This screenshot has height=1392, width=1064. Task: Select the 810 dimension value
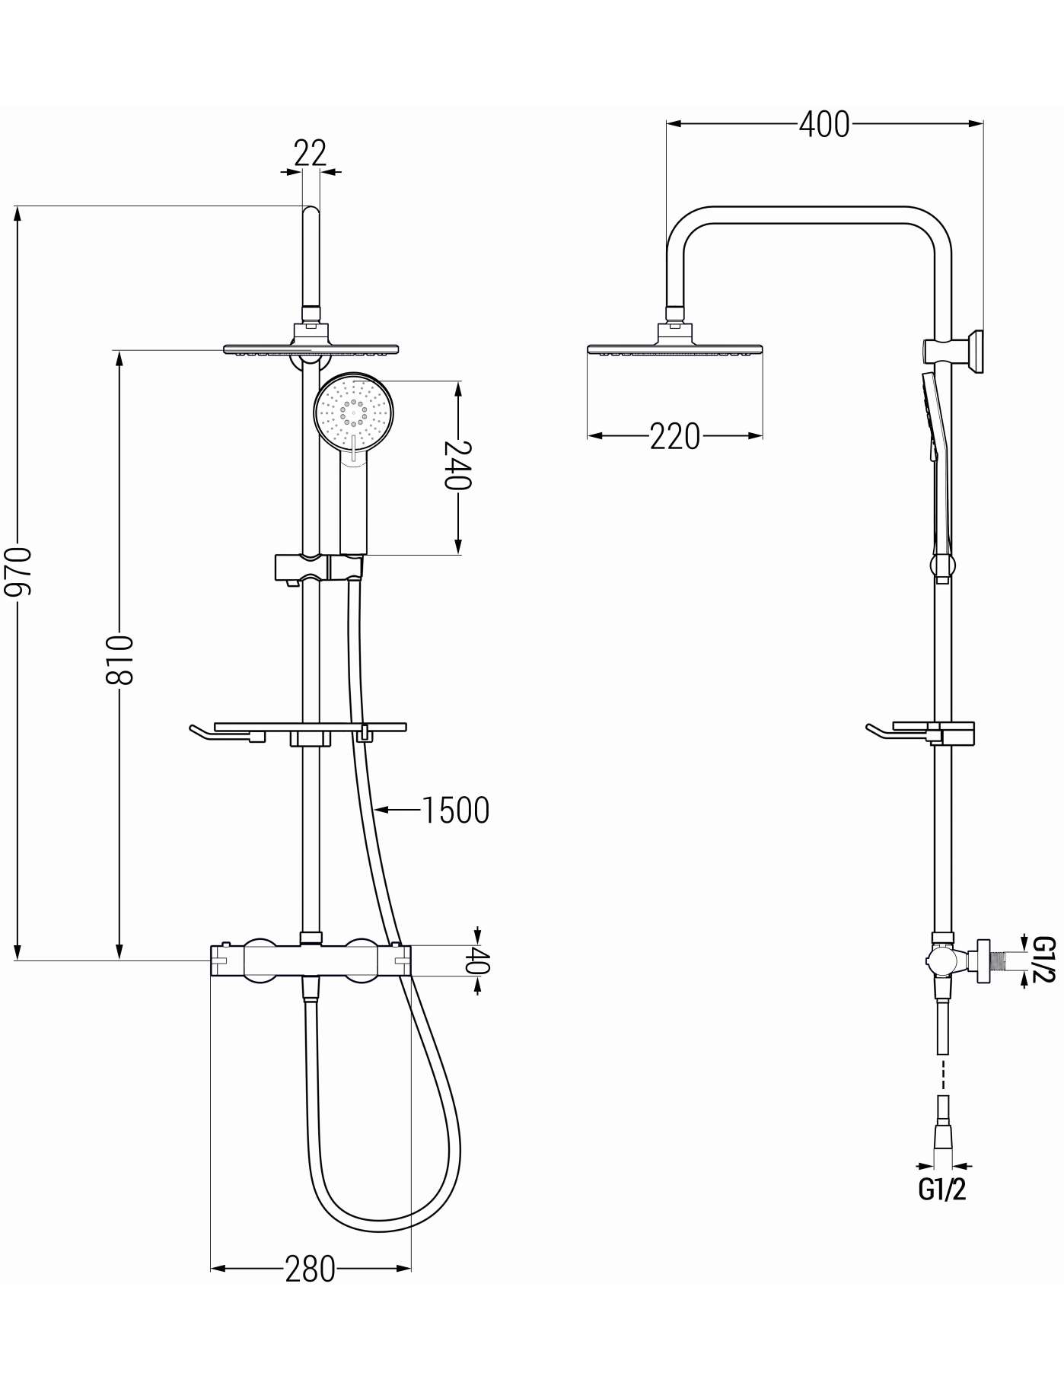coord(120,659)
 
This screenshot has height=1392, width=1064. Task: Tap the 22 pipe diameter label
coord(310,153)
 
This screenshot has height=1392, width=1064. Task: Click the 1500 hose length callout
coord(455,811)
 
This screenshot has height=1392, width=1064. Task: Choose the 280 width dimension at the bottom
coord(310,1269)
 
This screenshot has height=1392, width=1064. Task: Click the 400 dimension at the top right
coord(824,124)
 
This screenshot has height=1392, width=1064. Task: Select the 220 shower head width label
coord(674,436)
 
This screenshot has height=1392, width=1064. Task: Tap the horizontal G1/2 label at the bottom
coord(942,1189)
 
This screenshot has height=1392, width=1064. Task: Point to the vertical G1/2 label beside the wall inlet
coord(1044,960)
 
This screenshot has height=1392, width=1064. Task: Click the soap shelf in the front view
coord(297,731)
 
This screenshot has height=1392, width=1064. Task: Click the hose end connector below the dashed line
coord(943,1140)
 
